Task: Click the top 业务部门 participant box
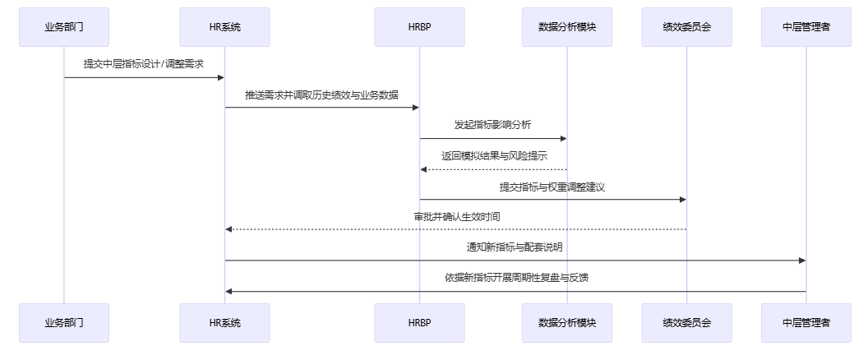(x=64, y=27)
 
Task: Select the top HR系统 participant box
(x=225, y=27)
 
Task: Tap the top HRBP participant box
(x=419, y=27)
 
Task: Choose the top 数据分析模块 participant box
(x=566, y=27)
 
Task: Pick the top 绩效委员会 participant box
(x=686, y=27)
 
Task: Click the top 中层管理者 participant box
(x=805, y=27)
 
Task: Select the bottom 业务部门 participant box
(x=64, y=323)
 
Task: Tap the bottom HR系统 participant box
(x=225, y=323)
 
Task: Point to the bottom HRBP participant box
(x=419, y=323)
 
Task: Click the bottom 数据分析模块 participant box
(x=566, y=323)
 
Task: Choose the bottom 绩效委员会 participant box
(x=686, y=323)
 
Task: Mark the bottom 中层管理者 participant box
(x=805, y=323)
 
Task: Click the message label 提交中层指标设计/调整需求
(x=144, y=63)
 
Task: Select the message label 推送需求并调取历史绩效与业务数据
(x=322, y=95)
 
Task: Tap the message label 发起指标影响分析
(x=493, y=125)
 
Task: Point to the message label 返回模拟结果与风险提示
(x=493, y=155)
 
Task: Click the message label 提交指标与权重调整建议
(x=552, y=187)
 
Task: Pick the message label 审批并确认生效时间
(x=456, y=216)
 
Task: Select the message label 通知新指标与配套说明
(x=515, y=247)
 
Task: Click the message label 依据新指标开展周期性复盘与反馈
(x=515, y=277)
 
